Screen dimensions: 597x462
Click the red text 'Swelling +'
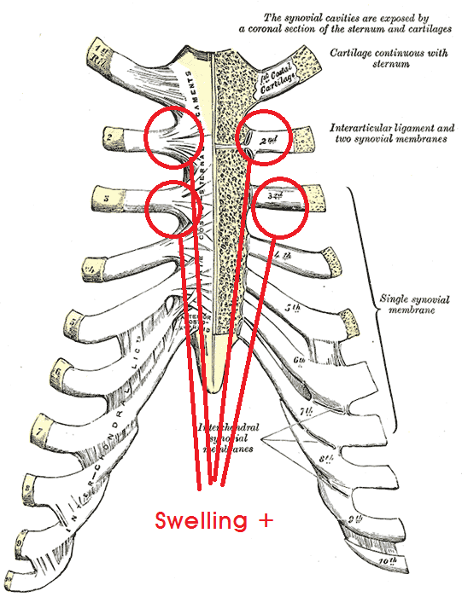(x=213, y=520)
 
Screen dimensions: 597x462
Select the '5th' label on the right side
(x=292, y=308)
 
